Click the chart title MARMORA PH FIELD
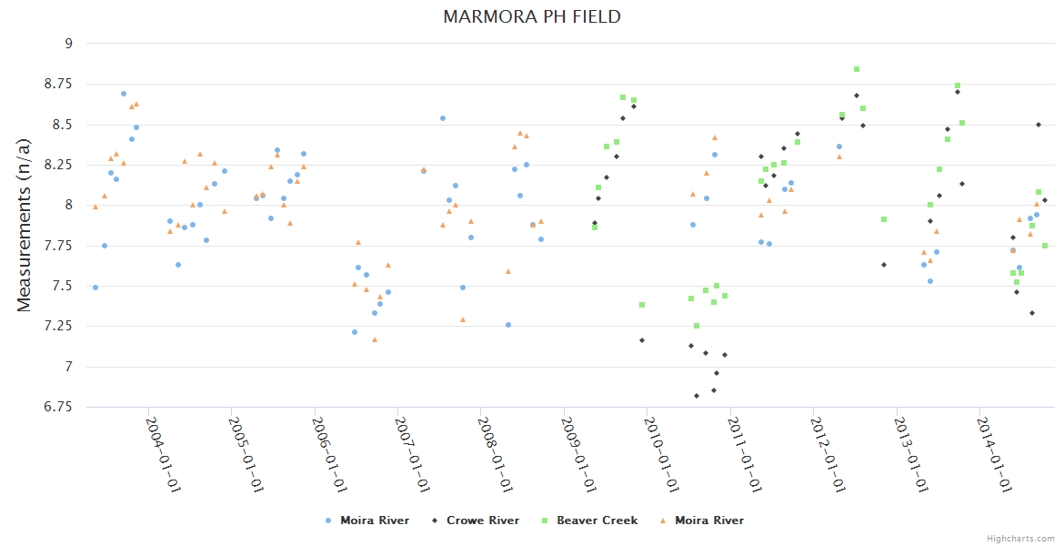click(532, 16)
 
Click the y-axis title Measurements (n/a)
click(25, 225)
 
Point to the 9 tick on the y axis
click(67, 43)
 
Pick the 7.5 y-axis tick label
click(63, 286)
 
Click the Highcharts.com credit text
click(1020, 538)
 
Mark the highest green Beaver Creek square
click(857, 69)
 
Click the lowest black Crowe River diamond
click(697, 396)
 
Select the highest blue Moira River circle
click(124, 94)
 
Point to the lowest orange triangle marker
click(375, 339)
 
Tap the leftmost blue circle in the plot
click(95, 288)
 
